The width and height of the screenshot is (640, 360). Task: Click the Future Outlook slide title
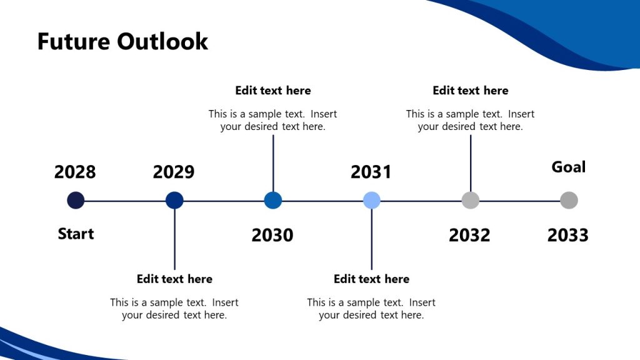tap(122, 41)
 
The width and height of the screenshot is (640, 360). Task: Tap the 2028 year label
tap(75, 172)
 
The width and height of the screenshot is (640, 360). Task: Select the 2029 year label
tap(174, 172)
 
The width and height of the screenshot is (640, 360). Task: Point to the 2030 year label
tap(272, 235)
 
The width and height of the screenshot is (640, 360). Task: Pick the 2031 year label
tap(371, 172)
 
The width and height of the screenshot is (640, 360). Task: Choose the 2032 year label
tap(469, 235)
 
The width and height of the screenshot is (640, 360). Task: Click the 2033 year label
tap(568, 235)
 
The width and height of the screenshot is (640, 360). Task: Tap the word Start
tap(76, 234)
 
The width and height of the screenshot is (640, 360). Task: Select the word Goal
tap(569, 167)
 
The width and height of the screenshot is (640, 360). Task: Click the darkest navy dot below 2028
tap(76, 201)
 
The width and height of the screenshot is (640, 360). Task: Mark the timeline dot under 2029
tap(174, 201)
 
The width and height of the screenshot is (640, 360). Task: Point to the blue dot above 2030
tap(273, 201)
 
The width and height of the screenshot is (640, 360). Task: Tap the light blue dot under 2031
tap(372, 201)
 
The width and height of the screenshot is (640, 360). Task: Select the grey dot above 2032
tap(470, 201)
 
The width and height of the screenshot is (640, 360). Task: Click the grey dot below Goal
tap(569, 201)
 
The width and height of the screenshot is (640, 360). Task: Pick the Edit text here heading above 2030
tap(273, 91)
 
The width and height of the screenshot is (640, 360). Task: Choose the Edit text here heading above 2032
tap(471, 91)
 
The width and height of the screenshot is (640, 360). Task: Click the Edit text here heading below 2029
tap(174, 279)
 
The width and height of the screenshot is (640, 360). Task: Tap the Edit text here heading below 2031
tap(372, 279)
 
